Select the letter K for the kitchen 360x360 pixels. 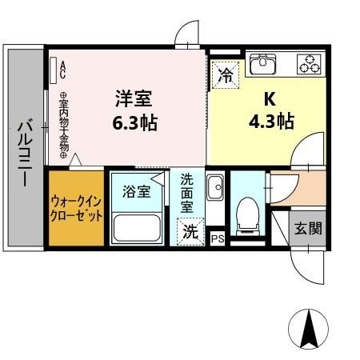[x=271, y=100]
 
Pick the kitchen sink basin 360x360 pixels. [x=262, y=63]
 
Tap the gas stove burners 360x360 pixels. [x=309, y=62]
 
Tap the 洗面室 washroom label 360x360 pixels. [x=186, y=194]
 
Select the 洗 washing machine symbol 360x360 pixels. [x=190, y=233]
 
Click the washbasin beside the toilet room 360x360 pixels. [x=214, y=189]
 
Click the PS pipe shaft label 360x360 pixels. [x=217, y=238]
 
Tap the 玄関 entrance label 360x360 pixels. [x=306, y=229]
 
